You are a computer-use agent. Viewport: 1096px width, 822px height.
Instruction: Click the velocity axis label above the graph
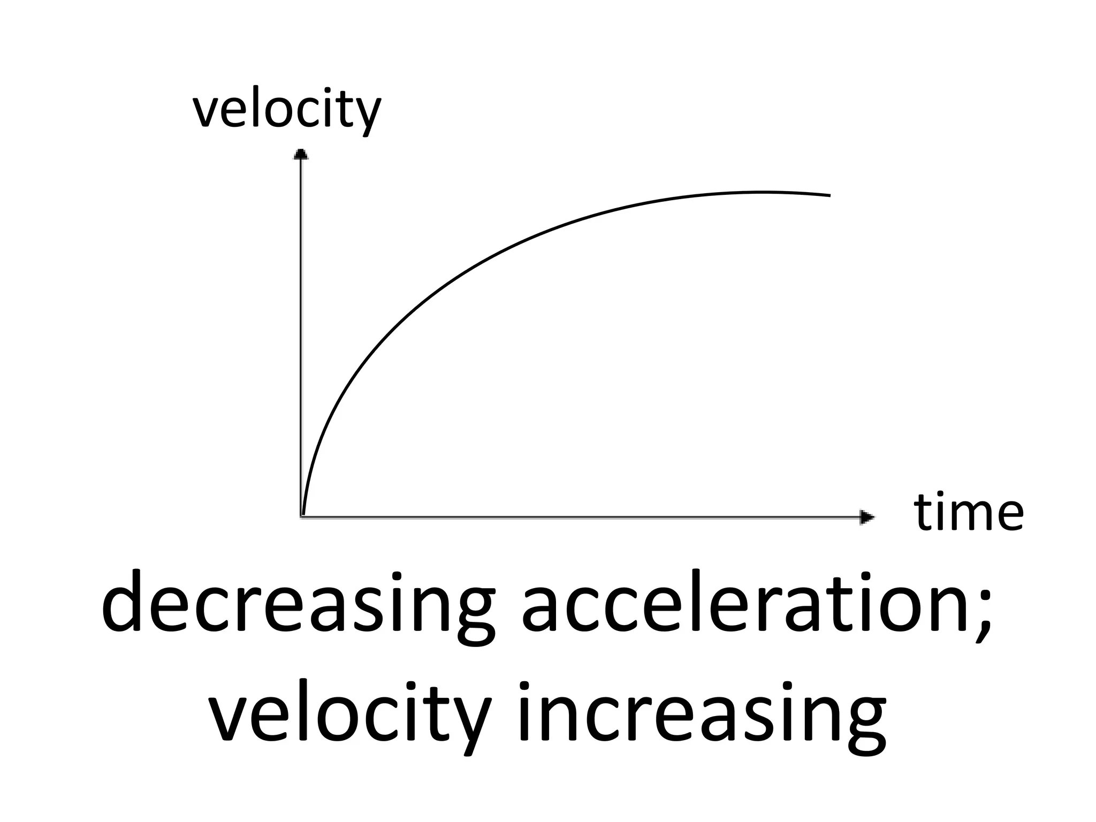(x=287, y=111)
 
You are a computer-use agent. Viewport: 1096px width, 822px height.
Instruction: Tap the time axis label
(x=969, y=512)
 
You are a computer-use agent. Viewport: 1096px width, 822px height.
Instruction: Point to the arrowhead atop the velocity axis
(x=301, y=154)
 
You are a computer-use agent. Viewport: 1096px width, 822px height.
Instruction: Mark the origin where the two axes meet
(x=302, y=516)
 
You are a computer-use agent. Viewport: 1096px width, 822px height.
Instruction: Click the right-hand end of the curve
(x=829, y=195)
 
